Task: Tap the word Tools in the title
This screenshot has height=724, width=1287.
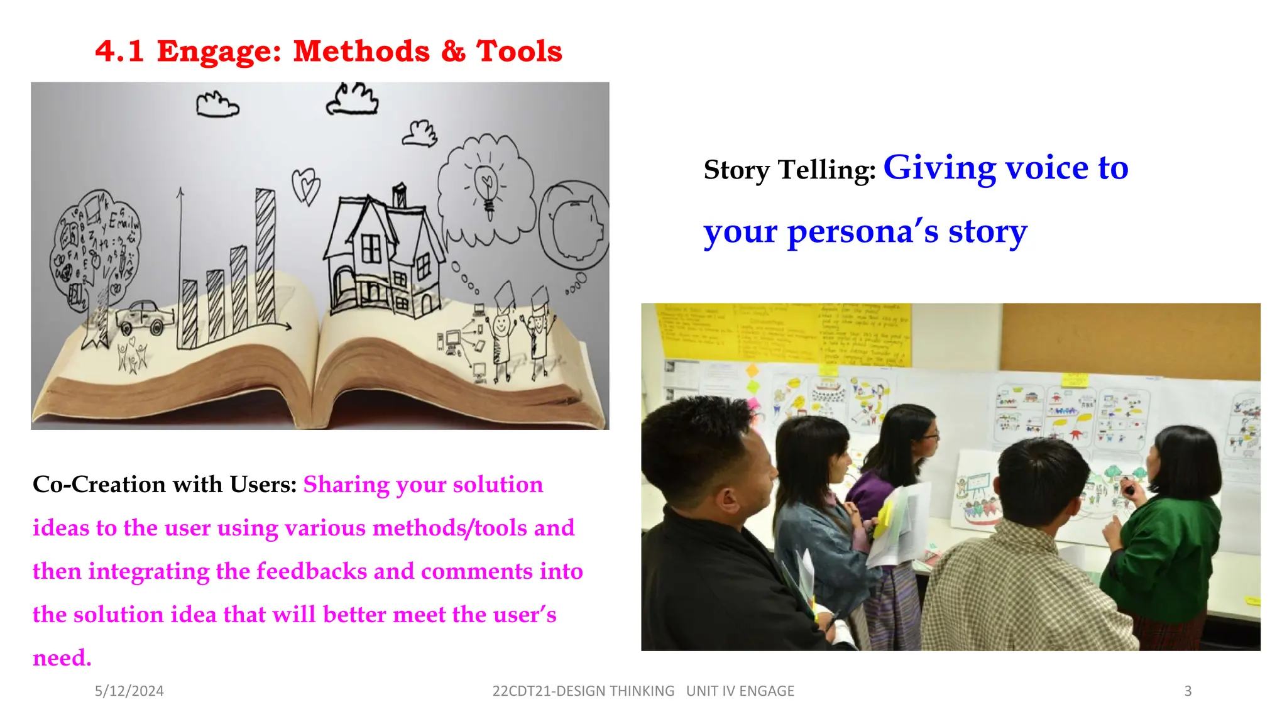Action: pyautogui.click(x=519, y=52)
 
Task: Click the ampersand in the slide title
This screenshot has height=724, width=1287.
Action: pyautogui.click(x=453, y=52)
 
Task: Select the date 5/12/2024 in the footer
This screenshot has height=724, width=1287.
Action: pyautogui.click(x=129, y=691)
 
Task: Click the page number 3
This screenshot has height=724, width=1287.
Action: pyautogui.click(x=1188, y=691)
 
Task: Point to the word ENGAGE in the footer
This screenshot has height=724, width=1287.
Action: pyautogui.click(x=767, y=691)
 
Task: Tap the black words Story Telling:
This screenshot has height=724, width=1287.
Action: pyautogui.click(x=789, y=170)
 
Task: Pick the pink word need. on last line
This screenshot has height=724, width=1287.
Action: pyautogui.click(x=62, y=658)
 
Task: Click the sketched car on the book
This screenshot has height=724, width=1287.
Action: pyautogui.click(x=143, y=317)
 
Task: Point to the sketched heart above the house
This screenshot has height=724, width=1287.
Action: pyautogui.click(x=306, y=185)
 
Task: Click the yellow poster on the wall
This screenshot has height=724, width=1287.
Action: pyautogui.click(x=782, y=333)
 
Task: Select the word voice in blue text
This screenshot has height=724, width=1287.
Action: pyautogui.click(x=1047, y=168)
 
